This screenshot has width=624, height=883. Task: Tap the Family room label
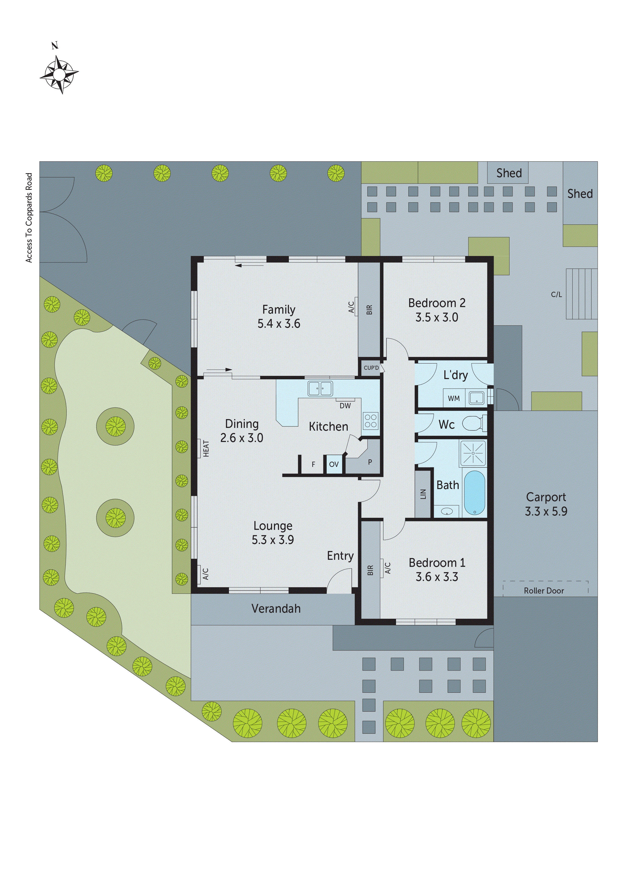279,310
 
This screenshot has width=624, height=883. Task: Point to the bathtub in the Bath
475,493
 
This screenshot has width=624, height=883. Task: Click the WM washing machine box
454,398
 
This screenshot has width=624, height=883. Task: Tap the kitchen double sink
320,388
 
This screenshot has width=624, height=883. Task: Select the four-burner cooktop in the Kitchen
370,420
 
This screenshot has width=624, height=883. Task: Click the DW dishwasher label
345,406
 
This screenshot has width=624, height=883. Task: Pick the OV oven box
334,464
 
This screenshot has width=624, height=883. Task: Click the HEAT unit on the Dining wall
206,449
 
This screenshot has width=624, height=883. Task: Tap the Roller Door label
544,591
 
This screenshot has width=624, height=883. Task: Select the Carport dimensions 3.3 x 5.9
546,511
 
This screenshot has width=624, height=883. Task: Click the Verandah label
276,608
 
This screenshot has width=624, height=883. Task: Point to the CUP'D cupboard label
371,368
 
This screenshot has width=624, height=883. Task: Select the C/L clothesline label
556,295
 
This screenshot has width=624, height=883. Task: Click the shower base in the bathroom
473,453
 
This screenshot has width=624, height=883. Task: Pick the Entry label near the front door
340,556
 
